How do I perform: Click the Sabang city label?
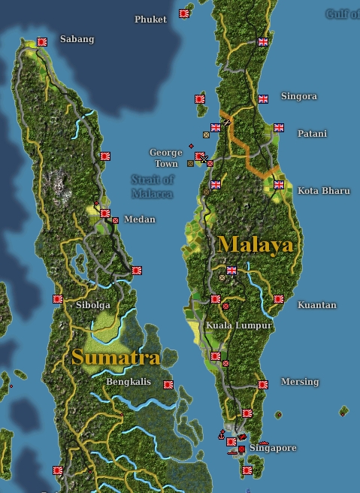77,39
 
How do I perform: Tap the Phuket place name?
150,20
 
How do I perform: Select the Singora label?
298,96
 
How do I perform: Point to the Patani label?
312,134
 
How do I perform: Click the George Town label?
165,158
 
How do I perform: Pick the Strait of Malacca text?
153,186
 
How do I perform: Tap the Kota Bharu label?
323,191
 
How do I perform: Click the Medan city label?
139,219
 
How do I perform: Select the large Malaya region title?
255,244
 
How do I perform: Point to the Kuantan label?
316,305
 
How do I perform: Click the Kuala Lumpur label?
238,325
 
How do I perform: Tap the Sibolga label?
92,305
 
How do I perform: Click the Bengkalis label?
129,382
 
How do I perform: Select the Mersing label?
299,382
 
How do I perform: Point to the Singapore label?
273,448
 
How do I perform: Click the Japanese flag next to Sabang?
42,42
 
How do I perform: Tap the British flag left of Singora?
263,98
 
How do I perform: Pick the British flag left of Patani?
279,127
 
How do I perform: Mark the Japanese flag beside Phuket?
184,14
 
